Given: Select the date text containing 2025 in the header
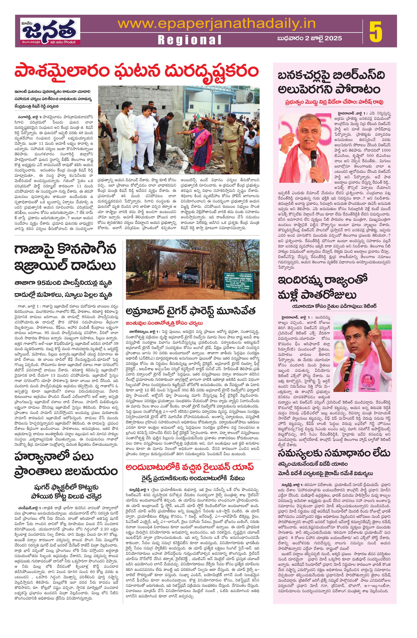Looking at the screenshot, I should (309, 38).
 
